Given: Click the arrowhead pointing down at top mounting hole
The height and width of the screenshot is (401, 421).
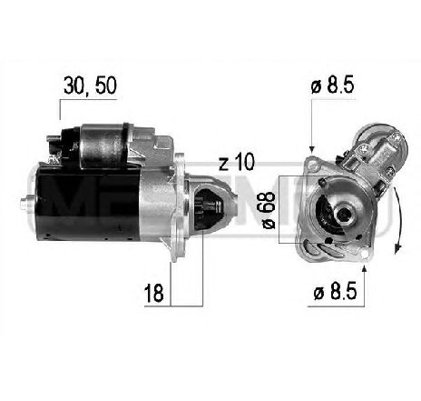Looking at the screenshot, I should [311, 148].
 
